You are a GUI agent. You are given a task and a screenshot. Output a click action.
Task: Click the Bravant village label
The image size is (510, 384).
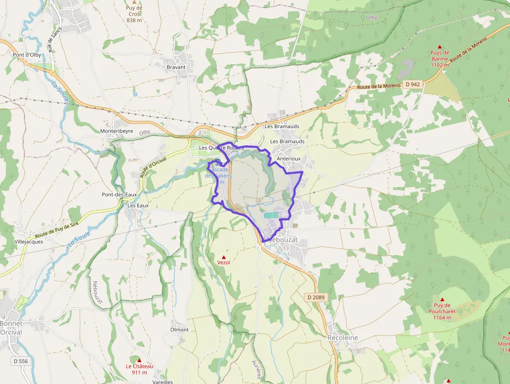pyautogui.click(x=176, y=67)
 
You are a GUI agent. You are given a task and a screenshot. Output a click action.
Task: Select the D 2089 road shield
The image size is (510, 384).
pyautogui.click(x=315, y=297)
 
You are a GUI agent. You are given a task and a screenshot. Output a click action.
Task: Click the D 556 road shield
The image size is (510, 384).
pyautogui.click(x=20, y=361)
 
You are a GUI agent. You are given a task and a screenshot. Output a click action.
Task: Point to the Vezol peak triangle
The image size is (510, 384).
pyautogui.click(x=224, y=257)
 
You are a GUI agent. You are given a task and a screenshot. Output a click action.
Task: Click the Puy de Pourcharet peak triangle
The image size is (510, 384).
pyautogui.click(x=442, y=300)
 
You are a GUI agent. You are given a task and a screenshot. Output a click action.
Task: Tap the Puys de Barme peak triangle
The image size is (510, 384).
pyautogui.click(x=439, y=47)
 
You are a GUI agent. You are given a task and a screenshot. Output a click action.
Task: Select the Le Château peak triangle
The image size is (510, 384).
pyautogui.click(x=139, y=360)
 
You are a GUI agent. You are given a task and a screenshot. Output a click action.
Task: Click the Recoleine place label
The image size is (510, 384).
pyautogui.click(x=342, y=338)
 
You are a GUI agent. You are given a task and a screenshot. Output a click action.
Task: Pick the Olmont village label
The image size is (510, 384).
pyautogui.click(x=180, y=330)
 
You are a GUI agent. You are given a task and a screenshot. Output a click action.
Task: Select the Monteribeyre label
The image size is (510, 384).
pyautogui.click(x=117, y=131)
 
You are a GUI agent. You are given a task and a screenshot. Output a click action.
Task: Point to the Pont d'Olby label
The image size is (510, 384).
pyautogui.click(x=27, y=54)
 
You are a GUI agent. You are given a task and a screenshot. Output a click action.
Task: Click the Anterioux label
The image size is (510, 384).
pyautogui.click(x=289, y=158)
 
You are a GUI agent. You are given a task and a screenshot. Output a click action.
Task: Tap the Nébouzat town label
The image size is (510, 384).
pyautogui.click(x=282, y=240)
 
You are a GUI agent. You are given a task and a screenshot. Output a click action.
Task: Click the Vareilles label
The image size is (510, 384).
pyautogui.click(x=163, y=381)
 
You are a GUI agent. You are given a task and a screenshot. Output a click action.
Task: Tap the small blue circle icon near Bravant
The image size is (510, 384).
pyautogui.click(x=135, y=94)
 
